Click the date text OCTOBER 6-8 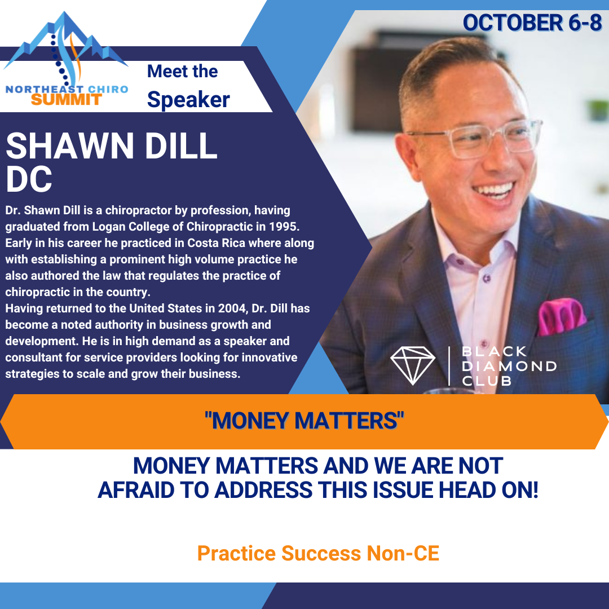coord(532,23)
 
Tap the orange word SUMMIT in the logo coord(67,100)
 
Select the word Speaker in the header coord(188,100)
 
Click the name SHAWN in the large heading coord(70,145)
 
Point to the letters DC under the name coord(29,179)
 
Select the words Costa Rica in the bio coord(217,243)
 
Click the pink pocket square coord(562,316)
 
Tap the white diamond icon coord(412,365)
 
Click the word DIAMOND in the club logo coord(509,367)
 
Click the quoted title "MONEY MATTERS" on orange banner coord(304,421)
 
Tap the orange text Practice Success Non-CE coord(318,553)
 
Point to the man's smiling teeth coord(494,191)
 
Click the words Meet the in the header coord(183,72)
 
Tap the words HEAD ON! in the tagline coord(488,490)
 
